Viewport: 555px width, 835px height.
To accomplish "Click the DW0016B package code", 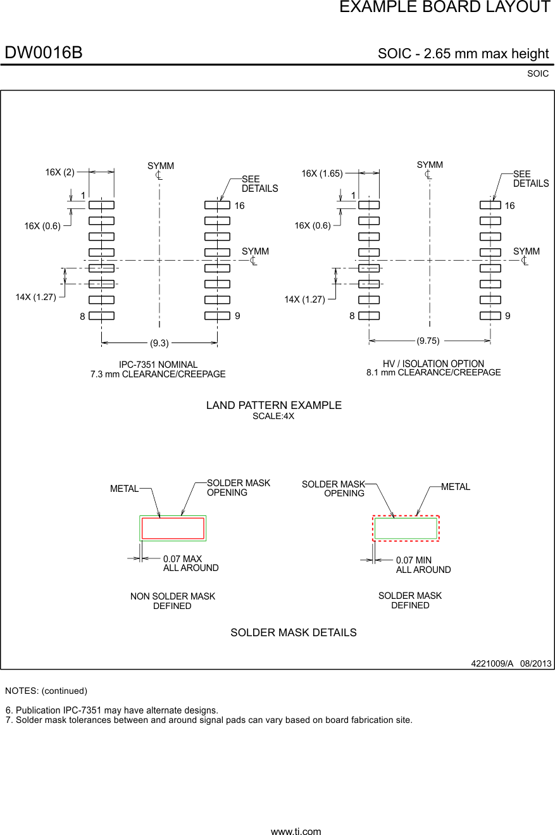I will [44, 53].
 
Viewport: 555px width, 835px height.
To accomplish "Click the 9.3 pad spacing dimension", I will [159, 343].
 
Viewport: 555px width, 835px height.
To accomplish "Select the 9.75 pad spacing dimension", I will [428, 341].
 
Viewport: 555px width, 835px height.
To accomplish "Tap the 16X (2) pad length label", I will [59, 172].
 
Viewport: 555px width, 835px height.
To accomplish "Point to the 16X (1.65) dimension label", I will [321, 173].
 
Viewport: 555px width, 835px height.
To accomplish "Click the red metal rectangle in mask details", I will [173, 528].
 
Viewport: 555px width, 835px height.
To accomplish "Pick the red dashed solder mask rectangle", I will [406, 528].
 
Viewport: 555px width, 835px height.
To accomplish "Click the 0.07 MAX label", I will [182, 559].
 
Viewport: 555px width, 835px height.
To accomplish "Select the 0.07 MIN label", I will [414, 560].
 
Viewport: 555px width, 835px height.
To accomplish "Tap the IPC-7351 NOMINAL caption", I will [158, 365].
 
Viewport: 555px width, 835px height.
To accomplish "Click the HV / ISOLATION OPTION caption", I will [433, 363].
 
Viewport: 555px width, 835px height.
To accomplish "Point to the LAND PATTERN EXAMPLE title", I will [273, 405].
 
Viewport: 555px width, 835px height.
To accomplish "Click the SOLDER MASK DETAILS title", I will [293, 632].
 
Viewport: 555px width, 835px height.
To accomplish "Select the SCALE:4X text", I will [273, 417].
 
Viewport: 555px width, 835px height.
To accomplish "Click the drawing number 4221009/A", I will [492, 663].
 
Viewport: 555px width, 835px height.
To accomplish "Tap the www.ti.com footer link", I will [296, 831].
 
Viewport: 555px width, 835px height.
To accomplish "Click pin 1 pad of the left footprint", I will [101, 205].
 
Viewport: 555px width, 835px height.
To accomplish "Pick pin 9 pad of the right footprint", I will [490, 316].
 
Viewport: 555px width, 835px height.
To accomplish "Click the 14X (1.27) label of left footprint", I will [36, 297].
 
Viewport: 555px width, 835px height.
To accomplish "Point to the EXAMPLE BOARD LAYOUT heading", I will [444, 8].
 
